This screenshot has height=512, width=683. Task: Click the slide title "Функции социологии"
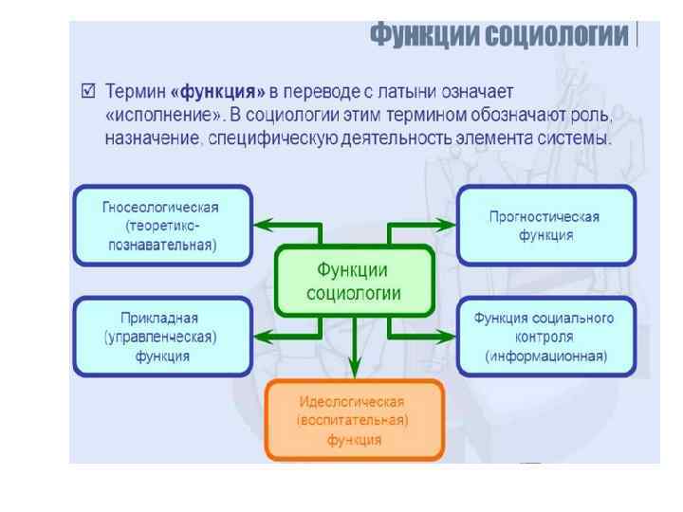[500, 36]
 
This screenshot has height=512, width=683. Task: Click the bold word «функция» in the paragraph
[215, 93]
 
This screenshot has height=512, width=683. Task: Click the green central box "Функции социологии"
[354, 281]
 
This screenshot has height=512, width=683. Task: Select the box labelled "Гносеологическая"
[162, 225]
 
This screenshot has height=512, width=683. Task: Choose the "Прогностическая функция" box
[545, 225]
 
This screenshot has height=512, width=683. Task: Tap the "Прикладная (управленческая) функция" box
[162, 336]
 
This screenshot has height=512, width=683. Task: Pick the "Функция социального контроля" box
[545, 336]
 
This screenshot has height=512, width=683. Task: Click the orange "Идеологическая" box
[354, 419]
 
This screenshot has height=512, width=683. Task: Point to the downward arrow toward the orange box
[354, 356]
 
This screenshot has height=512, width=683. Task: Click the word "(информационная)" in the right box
[545, 357]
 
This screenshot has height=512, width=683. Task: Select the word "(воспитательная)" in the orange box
[354, 419]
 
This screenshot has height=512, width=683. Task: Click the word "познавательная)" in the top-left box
[162, 245]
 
